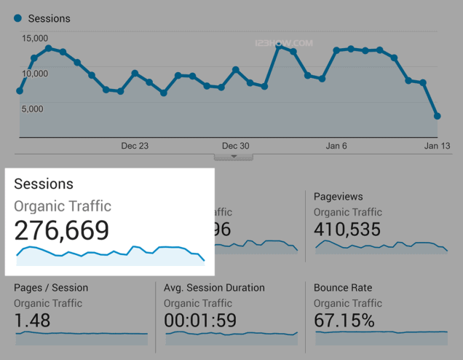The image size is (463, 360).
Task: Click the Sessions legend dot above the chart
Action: tap(17, 18)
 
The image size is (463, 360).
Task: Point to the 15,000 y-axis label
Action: tap(35, 38)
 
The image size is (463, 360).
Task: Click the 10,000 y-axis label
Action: tap(35, 73)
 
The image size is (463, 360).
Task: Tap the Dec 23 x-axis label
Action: tap(135, 146)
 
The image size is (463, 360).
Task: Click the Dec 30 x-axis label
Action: tap(235, 146)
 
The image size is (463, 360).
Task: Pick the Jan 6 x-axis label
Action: tap(336, 146)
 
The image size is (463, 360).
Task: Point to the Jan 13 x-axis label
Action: tap(437, 146)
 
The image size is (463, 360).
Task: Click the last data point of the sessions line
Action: tap(437, 116)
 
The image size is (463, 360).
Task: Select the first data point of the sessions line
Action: tap(20, 91)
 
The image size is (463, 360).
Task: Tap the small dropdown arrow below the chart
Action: tap(234, 156)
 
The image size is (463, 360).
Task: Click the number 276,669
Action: tap(62, 230)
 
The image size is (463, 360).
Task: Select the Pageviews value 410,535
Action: tap(347, 230)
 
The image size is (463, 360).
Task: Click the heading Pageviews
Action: tap(338, 197)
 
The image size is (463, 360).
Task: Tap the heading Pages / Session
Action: tap(51, 288)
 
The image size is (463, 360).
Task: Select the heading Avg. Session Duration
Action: tap(214, 288)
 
